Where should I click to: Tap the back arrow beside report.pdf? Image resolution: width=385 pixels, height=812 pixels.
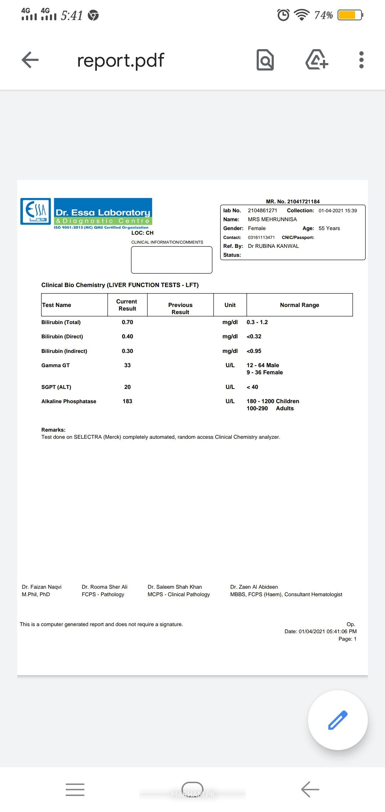click(30, 60)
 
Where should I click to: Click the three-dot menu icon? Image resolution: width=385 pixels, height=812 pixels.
click(361, 60)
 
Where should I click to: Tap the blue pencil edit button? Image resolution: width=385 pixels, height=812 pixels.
click(338, 720)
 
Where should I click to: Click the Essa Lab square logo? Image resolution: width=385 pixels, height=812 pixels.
click(36, 211)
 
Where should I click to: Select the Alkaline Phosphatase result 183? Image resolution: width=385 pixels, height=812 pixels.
click(127, 401)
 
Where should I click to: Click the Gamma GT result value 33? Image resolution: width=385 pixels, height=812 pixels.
click(127, 365)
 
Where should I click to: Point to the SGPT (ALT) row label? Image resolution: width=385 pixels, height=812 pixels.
click(56, 387)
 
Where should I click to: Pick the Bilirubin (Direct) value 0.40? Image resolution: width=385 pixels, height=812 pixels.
click(127, 337)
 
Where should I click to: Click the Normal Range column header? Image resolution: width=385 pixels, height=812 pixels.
click(299, 305)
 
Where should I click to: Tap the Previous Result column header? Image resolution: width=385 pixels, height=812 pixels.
click(180, 308)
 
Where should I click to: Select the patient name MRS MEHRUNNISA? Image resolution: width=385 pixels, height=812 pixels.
click(272, 219)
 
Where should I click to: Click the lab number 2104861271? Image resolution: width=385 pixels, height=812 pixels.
click(262, 210)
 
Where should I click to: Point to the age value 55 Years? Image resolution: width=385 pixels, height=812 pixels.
click(329, 228)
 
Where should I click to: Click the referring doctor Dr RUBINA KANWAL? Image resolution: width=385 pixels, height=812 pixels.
click(273, 246)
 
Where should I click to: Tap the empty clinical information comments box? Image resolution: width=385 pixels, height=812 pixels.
click(171, 260)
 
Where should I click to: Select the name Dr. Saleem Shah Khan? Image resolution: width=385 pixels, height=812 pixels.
click(175, 587)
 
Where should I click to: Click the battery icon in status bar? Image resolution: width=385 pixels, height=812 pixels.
click(350, 15)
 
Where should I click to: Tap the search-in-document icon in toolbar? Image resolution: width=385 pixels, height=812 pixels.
click(265, 60)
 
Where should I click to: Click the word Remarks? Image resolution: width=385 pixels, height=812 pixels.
click(53, 430)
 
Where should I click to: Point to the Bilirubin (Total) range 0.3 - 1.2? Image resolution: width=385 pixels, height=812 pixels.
click(257, 322)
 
